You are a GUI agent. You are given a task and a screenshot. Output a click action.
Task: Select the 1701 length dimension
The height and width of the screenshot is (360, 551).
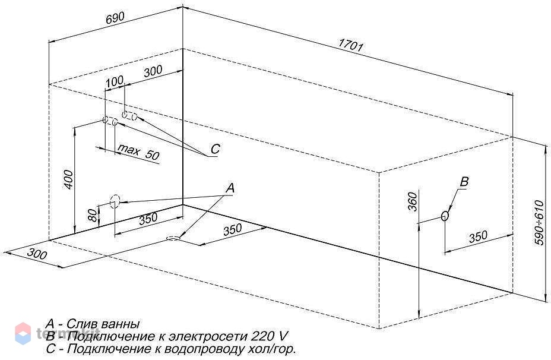pos(351,45)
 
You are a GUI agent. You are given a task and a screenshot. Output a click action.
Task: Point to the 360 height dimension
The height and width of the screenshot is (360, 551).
pos(413,201)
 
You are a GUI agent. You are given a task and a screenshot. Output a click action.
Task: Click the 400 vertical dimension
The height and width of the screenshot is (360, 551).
pos(69,179)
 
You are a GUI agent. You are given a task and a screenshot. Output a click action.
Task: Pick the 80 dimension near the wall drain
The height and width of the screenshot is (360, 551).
pos(92,215)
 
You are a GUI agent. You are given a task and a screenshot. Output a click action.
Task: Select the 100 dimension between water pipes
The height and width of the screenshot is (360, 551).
pos(115,81)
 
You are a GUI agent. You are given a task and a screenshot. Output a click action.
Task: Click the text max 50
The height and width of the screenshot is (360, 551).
pos(138,152)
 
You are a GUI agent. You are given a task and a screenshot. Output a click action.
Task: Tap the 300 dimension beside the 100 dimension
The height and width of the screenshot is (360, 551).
pos(153,71)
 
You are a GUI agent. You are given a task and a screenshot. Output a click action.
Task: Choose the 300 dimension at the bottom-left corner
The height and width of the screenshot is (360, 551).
pos(37,254)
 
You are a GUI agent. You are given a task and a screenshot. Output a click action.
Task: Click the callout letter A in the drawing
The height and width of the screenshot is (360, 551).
pos(230,188)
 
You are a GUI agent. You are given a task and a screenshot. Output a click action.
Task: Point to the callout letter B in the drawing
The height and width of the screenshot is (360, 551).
pos(464,182)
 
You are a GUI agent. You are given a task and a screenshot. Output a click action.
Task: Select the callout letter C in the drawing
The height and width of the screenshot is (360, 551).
pos(215,149)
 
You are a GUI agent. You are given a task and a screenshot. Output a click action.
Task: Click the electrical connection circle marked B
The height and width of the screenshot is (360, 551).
pos(445,216)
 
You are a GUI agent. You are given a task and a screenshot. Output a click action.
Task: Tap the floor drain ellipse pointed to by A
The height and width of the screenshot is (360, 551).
pos(173,239)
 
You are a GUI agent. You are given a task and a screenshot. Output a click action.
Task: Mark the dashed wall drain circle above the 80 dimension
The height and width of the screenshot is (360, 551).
pos(115,202)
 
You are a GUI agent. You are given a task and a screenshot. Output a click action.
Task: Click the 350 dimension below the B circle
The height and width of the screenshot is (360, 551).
pos(478,237)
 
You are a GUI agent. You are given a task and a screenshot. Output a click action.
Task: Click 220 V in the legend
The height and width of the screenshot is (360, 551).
pos(269,336)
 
